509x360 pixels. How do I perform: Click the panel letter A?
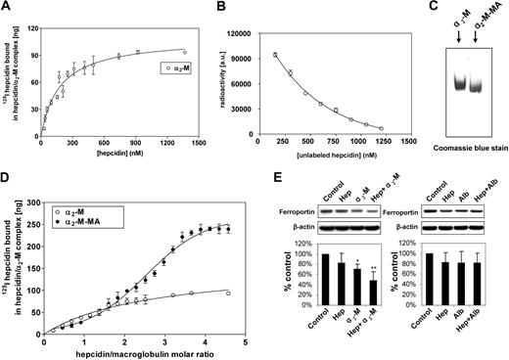[7, 8]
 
